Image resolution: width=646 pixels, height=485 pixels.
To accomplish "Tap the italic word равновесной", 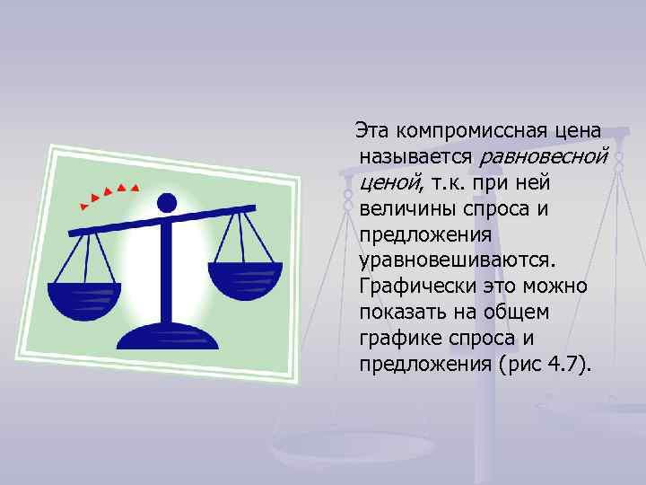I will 544,157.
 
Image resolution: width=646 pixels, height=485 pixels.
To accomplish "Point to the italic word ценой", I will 388,183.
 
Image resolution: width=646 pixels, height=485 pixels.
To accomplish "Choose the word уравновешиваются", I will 457,260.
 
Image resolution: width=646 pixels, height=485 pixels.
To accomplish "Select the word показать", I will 405,313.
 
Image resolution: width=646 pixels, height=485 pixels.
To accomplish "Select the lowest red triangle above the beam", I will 83,207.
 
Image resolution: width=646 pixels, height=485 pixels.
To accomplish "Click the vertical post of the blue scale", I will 169,269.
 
